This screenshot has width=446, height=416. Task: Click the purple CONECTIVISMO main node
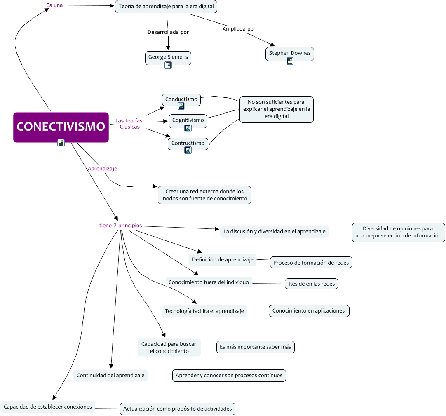point(61,127)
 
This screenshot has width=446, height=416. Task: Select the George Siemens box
point(168,58)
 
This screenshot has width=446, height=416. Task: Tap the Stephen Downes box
point(289,54)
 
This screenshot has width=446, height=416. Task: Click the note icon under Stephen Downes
point(289,61)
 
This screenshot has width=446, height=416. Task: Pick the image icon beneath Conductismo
point(181,106)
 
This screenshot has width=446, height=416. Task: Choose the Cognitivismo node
point(188,121)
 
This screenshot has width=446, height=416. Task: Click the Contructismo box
point(188,144)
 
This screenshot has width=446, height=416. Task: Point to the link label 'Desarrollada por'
point(168,32)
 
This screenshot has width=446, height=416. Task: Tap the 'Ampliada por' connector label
point(239,29)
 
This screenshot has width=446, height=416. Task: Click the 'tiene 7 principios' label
point(121,226)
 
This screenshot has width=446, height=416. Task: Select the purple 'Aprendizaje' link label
point(102,169)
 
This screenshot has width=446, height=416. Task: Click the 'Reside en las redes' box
point(312,284)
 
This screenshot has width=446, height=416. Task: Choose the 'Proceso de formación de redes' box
point(311,262)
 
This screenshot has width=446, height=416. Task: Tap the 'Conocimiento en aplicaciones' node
point(309,311)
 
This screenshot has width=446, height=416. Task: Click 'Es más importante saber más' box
point(256,347)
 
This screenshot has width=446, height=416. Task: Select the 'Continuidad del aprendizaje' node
point(110,375)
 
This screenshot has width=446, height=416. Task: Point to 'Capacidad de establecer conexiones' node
point(47,407)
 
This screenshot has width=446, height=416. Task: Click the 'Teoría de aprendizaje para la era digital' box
point(166,7)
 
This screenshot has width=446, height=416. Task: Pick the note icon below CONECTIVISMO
point(61,143)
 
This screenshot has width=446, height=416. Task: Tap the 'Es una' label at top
point(54,5)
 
